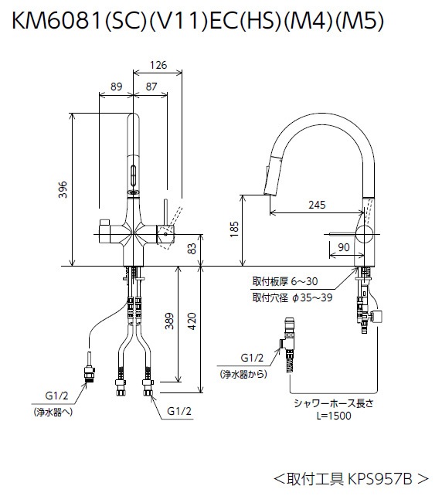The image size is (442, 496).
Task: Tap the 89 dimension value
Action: click(117, 88)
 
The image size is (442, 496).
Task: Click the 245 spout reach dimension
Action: click(316, 206)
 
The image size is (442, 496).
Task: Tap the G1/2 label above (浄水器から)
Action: click(252, 358)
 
